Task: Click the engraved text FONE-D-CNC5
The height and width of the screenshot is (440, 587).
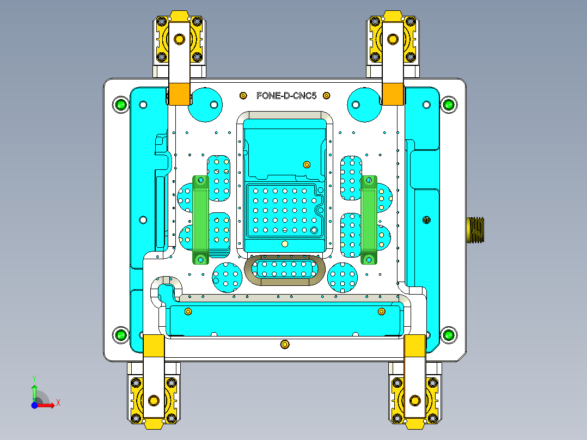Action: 286,96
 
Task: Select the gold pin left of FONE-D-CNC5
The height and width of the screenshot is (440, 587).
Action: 243,96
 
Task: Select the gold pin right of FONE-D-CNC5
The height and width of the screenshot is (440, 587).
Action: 326,96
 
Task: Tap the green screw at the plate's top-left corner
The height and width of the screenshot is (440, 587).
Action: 120,104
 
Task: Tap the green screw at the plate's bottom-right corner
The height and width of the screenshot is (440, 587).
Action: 448,335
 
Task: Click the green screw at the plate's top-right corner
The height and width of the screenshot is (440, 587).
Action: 448,104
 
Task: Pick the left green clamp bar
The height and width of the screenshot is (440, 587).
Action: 200,219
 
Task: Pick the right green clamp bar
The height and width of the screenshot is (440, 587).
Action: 369,219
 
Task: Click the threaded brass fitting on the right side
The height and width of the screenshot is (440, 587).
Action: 475,229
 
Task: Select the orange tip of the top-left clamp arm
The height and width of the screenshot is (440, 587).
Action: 179,94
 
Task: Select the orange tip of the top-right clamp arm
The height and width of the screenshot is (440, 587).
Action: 393,94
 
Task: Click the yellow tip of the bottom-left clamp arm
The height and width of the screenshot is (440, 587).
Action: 154,345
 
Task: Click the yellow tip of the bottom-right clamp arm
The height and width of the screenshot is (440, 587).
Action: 415,345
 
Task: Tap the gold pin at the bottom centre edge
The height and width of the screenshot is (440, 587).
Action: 284,345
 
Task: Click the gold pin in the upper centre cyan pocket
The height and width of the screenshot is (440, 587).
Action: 307,164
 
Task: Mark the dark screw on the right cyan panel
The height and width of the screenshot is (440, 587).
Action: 426,220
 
